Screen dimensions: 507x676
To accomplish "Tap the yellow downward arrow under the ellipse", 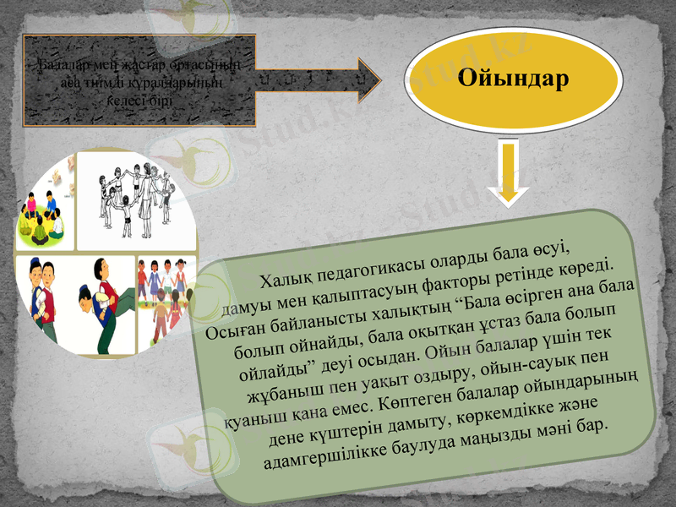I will (x=508, y=173).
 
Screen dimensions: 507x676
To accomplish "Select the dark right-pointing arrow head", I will (x=362, y=79).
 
